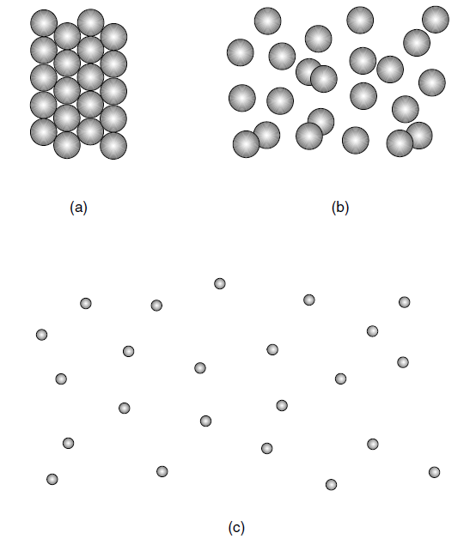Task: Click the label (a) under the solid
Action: [78, 208]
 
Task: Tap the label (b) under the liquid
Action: [340, 208]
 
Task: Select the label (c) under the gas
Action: [236, 527]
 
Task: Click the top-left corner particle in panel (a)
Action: [44, 22]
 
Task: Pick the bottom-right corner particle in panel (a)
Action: [113, 146]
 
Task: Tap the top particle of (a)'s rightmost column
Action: [113, 37]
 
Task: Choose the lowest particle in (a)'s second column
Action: [67, 145]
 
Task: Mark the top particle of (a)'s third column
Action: [90, 22]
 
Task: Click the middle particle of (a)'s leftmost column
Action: [44, 77]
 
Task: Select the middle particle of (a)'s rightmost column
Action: [113, 91]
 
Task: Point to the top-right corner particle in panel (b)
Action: [436, 20]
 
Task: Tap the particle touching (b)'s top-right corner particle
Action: [417, 43]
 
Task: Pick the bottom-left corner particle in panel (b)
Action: [246, 144]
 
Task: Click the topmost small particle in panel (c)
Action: [220, 283]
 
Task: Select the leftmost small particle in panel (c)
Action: [41, 335]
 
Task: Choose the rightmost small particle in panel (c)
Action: [434, 472]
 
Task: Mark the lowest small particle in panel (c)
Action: [331, 484]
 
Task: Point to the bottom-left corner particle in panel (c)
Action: [52, 479]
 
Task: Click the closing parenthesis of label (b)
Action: [347, 208]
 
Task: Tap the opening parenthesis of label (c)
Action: [230, 528]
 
